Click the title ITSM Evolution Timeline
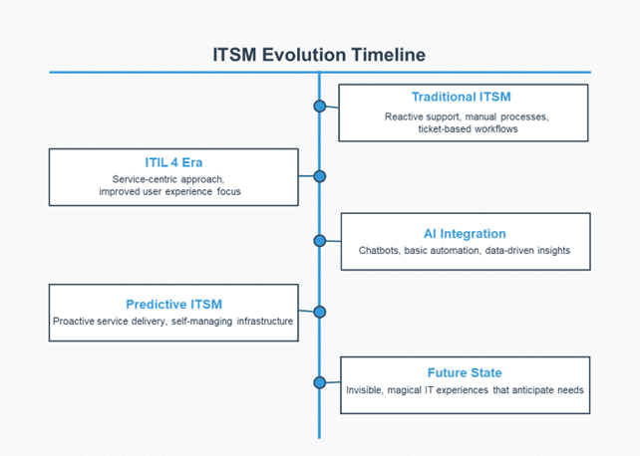(319, 55)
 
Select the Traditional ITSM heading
(462, 97)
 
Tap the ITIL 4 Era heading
(173, 162)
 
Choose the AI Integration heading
(465, 234)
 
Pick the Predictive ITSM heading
(174, 305)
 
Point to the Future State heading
(465, 373)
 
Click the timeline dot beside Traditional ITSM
(320, 107)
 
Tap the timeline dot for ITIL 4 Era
(320, 176)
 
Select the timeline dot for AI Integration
(320, 241)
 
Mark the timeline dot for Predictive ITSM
(320, 313)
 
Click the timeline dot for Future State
(320, 382)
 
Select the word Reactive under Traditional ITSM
(404, 116)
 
